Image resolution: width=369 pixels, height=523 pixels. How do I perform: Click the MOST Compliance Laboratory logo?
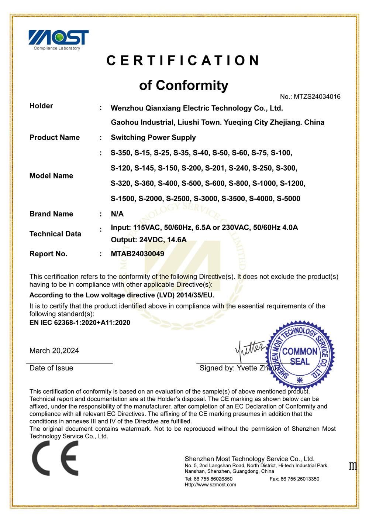pos(58,40)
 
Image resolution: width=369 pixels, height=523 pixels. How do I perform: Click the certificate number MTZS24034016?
pos(317,97)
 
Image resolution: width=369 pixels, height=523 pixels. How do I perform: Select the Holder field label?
pos(41,106)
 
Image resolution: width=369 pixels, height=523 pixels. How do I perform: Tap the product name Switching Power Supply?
pos(153,138)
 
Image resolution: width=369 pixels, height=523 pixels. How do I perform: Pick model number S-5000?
pos(289,199)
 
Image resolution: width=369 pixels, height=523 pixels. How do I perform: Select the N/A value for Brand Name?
pos(117,214)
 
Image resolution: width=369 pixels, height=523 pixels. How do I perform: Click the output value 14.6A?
pos(177,240)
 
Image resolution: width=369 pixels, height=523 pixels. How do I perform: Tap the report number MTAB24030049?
pos(137,254)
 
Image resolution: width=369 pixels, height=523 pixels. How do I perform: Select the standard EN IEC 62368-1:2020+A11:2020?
pos(80,323)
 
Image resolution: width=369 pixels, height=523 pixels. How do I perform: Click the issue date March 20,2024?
pos(54,351)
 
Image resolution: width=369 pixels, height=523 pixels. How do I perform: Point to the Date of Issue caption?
pos(51,368)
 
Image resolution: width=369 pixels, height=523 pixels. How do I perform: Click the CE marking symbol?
pos(55,458)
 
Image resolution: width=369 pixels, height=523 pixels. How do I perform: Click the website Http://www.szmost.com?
pos(210,485)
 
